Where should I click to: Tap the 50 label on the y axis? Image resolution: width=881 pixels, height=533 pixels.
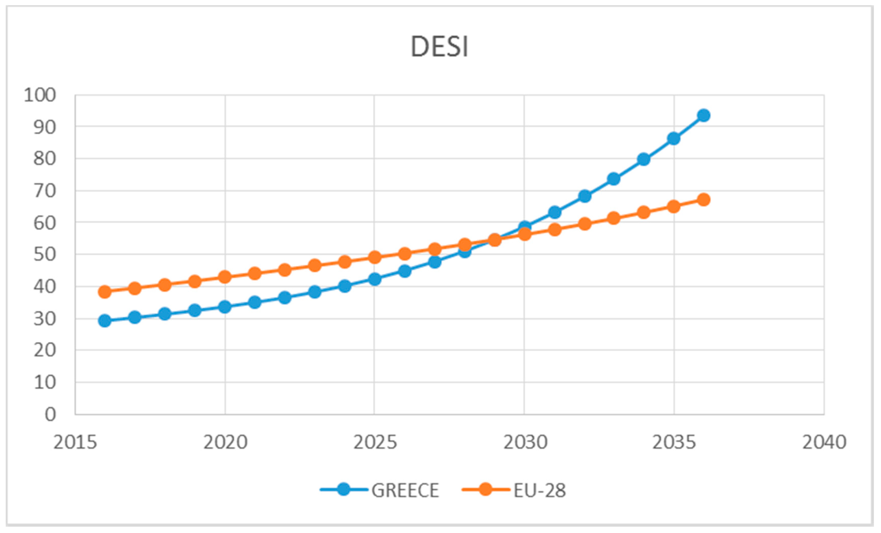click(45, 255)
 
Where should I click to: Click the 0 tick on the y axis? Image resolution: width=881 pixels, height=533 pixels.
click(50, 414)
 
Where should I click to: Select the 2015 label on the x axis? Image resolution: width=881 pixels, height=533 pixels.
click(75, 442)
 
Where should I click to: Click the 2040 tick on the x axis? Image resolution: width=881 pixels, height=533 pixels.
click(824, 442)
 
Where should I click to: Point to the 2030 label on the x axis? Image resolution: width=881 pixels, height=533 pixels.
click(525, 442)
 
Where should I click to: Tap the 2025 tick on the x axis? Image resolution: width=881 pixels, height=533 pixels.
click(375, 442)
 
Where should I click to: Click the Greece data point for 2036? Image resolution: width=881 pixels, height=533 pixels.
click(704, 115)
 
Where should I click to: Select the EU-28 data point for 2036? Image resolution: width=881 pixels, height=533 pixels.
click(704, 200)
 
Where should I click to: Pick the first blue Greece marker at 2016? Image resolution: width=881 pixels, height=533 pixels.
click(105, 321)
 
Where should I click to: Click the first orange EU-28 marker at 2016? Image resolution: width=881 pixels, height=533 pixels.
click(105, 292)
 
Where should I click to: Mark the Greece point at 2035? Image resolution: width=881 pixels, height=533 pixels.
click(673, 138)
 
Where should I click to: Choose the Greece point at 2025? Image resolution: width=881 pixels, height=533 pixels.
click(375, 279)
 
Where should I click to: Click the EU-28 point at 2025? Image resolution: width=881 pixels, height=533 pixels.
click(375, 257)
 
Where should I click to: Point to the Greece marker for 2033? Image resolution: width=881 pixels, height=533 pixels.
click(614, 179)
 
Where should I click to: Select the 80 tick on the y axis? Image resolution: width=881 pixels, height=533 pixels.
click(45, 159)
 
